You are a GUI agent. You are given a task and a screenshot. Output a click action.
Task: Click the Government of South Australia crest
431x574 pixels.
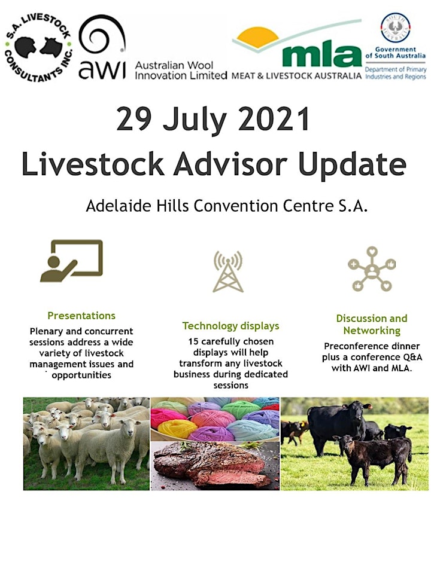396,28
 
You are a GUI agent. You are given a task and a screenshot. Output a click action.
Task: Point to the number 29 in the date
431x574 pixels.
133,120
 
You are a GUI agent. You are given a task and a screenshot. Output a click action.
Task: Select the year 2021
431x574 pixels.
274,120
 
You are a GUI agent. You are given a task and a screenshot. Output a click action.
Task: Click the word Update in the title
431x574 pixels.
352,165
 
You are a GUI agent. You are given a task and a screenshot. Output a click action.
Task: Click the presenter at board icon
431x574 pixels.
71,261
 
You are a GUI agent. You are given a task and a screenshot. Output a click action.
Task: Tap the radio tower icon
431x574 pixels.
228,271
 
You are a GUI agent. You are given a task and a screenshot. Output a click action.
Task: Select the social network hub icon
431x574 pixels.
372,269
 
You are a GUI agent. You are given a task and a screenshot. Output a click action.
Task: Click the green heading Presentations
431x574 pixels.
81,316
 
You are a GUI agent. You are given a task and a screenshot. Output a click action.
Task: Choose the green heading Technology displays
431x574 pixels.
231,326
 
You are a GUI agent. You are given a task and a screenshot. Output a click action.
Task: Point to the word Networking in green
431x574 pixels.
372,331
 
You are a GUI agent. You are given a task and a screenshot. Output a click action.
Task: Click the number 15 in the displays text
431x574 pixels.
193,341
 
